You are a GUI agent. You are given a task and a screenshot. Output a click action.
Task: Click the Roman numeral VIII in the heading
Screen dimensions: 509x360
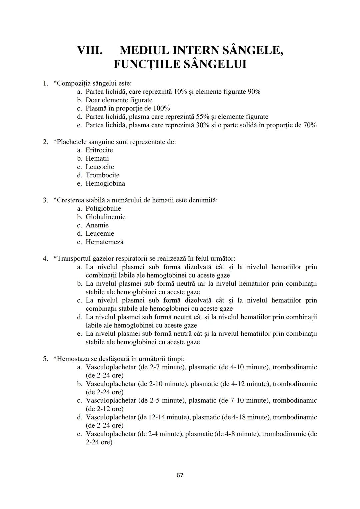[89, 50]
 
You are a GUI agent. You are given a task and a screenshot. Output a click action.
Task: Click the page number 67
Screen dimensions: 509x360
[180, 475]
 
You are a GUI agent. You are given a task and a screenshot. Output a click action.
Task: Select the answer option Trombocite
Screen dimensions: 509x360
[102, 175]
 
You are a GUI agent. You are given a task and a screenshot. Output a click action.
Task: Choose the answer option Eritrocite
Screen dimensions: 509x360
[99, 150]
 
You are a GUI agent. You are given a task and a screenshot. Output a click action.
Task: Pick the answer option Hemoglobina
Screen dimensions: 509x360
[105, 183]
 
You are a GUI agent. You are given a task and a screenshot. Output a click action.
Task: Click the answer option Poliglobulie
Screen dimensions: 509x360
[103, 208]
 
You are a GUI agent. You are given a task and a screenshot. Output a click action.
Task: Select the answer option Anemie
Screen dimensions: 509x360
[97, 225]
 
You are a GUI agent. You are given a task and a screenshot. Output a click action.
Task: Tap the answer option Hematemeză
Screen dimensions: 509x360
[104, 242]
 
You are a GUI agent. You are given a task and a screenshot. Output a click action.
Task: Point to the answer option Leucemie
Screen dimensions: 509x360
[100, 233]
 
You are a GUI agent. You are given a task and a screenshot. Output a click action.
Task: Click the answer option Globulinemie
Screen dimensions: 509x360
[105, 217]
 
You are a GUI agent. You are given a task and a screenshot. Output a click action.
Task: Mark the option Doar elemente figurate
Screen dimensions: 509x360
[119, 100]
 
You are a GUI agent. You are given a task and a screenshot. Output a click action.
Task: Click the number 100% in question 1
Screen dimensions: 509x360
[161, 108]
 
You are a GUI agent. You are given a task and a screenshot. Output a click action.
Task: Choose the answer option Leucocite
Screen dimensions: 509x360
[100, 167]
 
